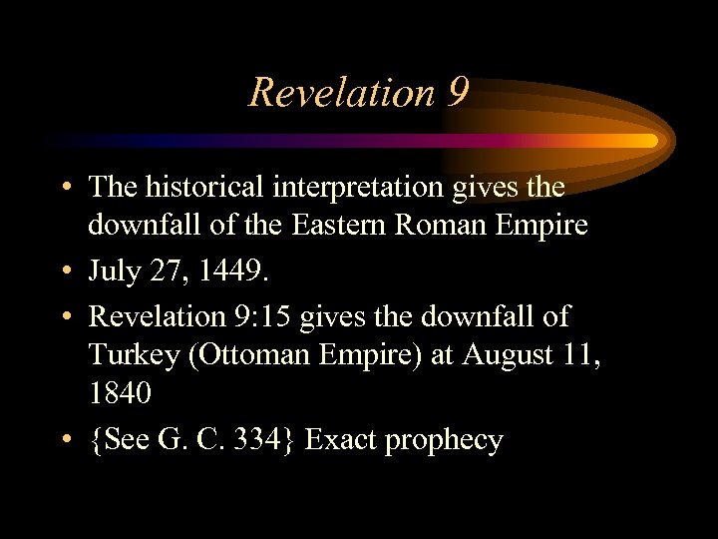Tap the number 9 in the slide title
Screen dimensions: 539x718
[458, 92]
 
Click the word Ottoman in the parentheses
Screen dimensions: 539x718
[252, 354]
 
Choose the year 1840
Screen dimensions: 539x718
[120, 393]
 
